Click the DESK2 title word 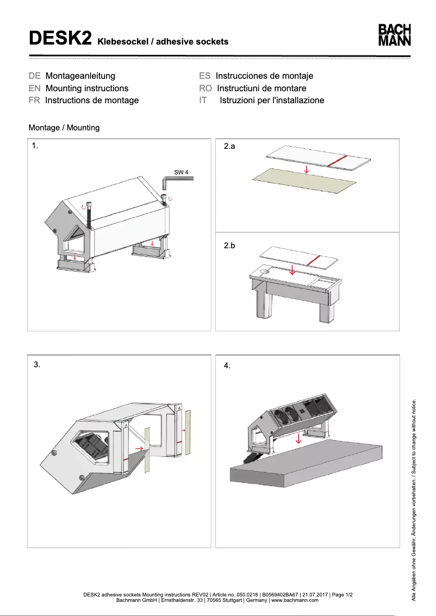coord(60,39)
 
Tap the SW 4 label coord(181,172)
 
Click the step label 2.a coord(229,147)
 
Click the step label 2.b coord(229,246)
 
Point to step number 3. coord(37,364)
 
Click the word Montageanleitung coord(80,76)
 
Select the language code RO coord(205,88)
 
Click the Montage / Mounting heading coord(64,128)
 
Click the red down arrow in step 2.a coord(307,169)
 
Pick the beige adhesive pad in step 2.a coord(304,181)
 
